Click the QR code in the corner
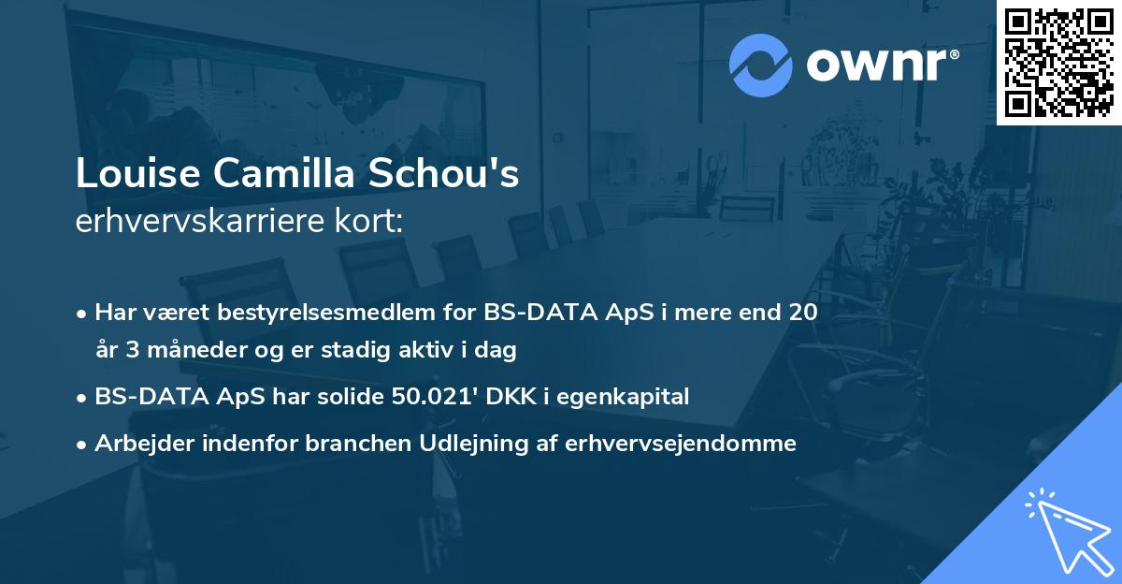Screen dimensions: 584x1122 coord(1059,62)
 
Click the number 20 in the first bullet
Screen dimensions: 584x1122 coord(803,312)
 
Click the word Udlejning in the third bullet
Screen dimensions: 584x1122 coord(451,443)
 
